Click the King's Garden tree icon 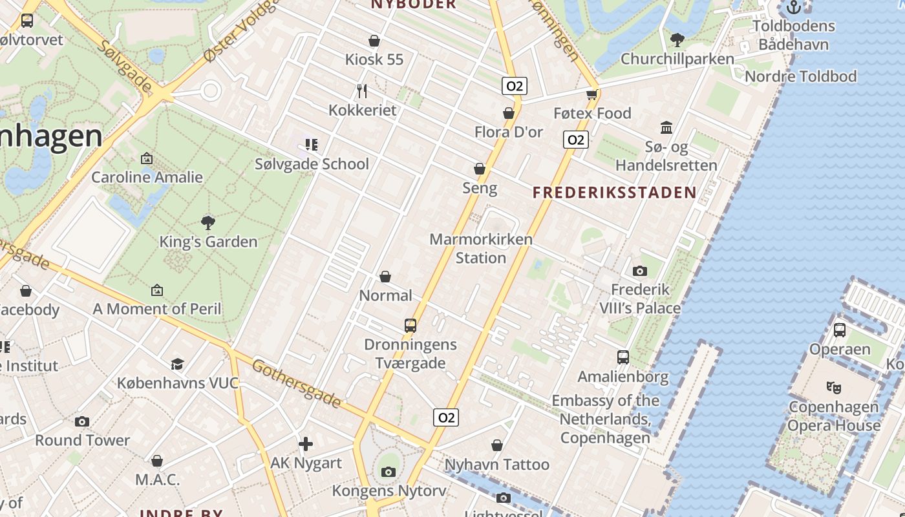point(208,223)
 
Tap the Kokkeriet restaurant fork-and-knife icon point(362,91)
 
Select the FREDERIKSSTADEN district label point(615,192)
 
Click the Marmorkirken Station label point(481,249)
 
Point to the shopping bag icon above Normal point(385,277)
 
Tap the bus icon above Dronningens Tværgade point(410,325)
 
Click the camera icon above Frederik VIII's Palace point(640,271)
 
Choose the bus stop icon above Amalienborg point(623,357)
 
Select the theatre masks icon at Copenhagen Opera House point(834,388)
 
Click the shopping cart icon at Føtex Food point(591,94)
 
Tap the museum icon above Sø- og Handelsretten point(666,127)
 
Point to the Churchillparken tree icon point(677,40)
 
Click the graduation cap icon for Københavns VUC point(177,364)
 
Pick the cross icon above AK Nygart point(306,444)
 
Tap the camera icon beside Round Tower point(82,421)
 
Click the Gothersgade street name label point(296,384)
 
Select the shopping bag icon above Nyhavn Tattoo point(497,445)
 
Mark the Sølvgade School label point(312,164)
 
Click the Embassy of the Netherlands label point(605,419)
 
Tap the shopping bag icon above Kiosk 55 point(374,41)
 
